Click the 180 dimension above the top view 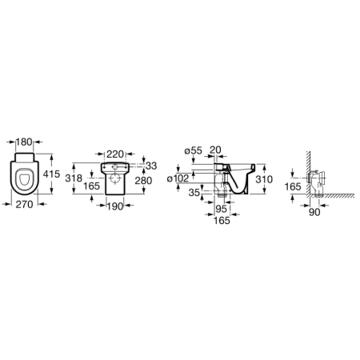point(24,142)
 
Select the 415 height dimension point(51,174)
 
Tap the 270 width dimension point(24,205)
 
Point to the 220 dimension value point(115,154)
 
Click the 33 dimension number point(151,166)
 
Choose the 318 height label point(74,178)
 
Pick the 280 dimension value point(143,181)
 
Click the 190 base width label point(116,206)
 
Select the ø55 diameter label point(194,150)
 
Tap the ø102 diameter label point(178,178)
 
